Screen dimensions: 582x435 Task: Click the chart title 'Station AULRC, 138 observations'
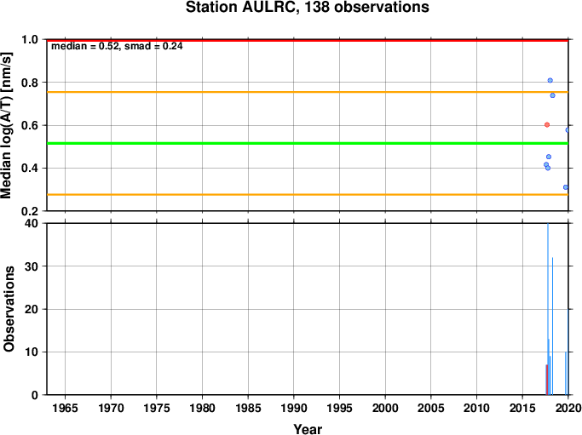pyautogui.click(x=308, y=7)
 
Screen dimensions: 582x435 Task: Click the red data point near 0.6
pyautogui.click(x=547, y=125)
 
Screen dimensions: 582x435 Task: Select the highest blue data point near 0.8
pyautogui.click(x=550, y=81)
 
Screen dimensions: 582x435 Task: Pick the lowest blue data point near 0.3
pyautogui.click(x=565, y=187)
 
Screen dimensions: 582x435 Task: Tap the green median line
pyautogui.click(x=308, y=143)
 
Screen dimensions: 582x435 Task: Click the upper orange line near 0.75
pyautogui.click(x=308, y=92)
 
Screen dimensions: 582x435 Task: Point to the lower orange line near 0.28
pyautogui.click(x=308, y=194)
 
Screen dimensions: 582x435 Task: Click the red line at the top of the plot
pyautogui.click(x=308, y=40)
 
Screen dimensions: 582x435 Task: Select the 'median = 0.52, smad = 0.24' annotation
pyautogui.click(x=117, y=46)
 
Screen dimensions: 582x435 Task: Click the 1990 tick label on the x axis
pyautogui.click(x=294, y=409)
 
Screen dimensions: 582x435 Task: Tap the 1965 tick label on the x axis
pyautogui.click(x=65, y=409)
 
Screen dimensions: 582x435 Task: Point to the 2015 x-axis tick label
pyautogui.click(x=522, y=409)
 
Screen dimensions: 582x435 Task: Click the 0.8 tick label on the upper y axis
pyautogui.click(x=30, y=83)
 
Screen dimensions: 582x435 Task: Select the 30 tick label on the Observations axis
pyautogui.click(x=32, y=266)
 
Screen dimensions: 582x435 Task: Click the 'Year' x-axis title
pyautogui.click(x=308, y=429)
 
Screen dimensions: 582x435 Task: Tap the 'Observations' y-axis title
pyautogui.click(x=9, y=309)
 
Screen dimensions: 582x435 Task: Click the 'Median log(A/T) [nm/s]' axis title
pyautogui.click(x=7, y=125)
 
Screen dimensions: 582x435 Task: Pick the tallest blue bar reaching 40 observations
pyautogui.click(x=548, y=309)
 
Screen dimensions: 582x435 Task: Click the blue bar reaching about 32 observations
pyautogui.click(x=552, y=326)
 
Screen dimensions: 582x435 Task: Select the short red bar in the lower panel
pyautogui.click(x=546, y=380)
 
